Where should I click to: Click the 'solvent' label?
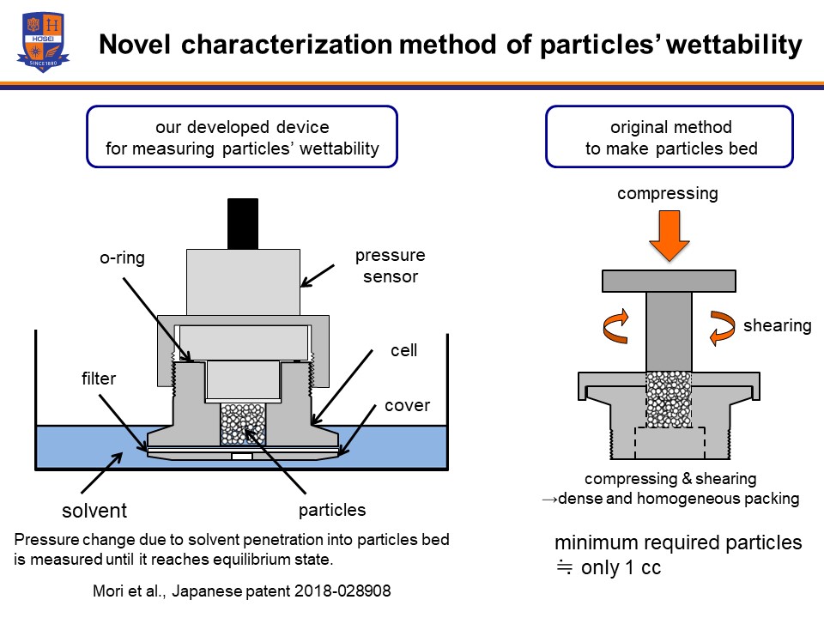coord(94,511)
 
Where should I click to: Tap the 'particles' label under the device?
coord(333,510)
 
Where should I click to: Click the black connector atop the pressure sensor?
coord(242,223)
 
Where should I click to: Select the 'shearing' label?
coord(778,325)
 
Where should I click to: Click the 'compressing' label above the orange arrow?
coord(668,193)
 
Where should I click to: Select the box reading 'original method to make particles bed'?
coord(669,137)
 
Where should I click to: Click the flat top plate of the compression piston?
coord(669,281)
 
